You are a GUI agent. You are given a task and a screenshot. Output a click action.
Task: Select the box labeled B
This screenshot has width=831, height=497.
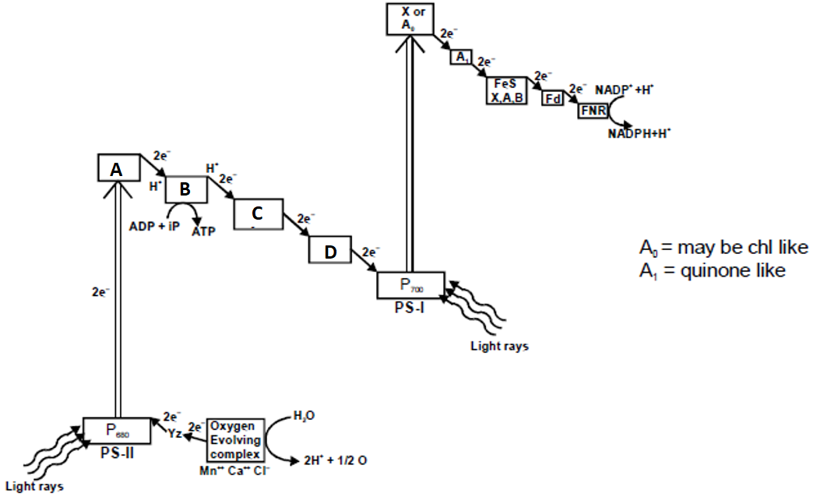(x=185, y=189)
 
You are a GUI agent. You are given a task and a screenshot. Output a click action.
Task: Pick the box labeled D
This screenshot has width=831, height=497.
(x=330, y=251)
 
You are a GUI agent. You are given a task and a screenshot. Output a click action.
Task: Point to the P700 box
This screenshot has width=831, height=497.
(x=410, y=284)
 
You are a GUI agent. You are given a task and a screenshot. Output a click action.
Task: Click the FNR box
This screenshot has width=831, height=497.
(x=591, y=111)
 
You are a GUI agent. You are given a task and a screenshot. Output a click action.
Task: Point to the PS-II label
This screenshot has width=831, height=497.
(x=117, y=452)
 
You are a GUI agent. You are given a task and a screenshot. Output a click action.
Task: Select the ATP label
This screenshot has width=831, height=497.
(x=202, y=231)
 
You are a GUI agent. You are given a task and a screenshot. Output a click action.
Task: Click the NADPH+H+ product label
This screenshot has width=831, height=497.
(x=639, y=132)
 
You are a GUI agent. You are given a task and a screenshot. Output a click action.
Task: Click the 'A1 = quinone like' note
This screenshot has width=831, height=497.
(x=713, y=270)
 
